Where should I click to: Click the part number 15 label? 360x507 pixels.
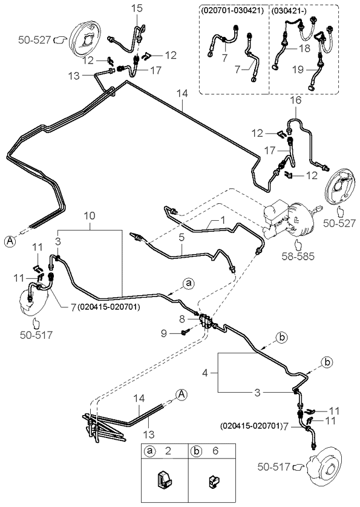click(137, 8)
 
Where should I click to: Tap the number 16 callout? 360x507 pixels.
click(296, 100)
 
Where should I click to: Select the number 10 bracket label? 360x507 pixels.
click(90, 215)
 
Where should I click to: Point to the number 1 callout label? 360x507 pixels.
click(223, 220)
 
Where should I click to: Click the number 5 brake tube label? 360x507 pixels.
click(182, 237)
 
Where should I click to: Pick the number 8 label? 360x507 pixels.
click(182, 319)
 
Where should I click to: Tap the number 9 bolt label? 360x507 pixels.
click(164, 333)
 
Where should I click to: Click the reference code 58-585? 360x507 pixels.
click(298, 257)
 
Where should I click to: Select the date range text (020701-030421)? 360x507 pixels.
click(232, 10)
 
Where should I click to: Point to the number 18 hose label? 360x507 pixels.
click(304, 48)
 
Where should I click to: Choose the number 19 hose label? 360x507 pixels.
click(298, 69)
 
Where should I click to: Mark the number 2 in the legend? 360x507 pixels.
click(168, 451)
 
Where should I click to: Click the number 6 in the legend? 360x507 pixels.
click(215, 451)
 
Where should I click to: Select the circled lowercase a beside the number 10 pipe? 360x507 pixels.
click(188, 283)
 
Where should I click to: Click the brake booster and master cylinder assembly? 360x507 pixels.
click(289, 220)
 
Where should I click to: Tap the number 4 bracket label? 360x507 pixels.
click(205, 373)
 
